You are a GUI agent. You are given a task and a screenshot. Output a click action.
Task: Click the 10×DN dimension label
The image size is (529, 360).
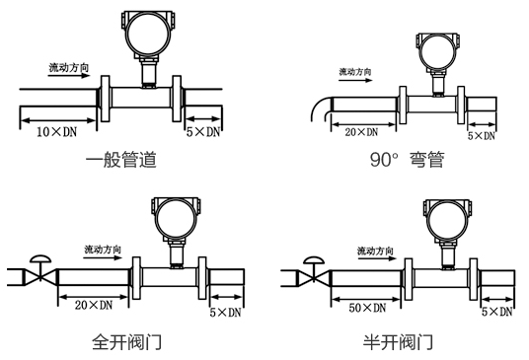click(56, 131)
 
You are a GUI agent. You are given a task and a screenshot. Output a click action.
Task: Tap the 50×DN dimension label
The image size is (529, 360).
click(367, 308)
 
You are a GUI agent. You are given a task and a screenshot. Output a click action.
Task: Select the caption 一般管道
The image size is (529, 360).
click(121, 160)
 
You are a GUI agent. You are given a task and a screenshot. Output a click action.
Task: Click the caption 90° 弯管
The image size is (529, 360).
click(408, 160)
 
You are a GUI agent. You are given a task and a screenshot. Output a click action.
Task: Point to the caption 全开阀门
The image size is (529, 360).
click(127, 341)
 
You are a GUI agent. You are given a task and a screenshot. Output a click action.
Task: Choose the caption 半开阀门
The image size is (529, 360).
click(398, 341)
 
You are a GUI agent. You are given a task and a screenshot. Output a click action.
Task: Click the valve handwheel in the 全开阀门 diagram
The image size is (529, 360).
click(40, 258)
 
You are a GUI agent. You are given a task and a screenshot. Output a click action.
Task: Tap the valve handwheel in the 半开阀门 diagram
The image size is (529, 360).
click(314, 260)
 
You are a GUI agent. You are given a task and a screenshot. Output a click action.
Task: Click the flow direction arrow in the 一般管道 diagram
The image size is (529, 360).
click(69, 76)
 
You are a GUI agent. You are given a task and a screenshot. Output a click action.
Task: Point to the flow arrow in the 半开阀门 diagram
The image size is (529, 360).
click(377, 258)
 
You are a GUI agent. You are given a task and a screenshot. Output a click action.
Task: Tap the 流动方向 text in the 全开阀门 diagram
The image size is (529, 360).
click(103, 250)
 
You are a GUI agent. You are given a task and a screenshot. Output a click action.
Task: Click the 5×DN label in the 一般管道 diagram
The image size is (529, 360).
click(203, 132)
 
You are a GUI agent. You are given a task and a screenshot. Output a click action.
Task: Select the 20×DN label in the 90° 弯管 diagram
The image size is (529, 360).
click(361, 132)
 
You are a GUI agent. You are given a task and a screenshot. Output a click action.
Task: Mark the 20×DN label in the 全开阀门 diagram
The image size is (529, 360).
click(94, 305)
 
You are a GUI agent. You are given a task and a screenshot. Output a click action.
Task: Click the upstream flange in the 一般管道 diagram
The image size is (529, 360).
click(106, 99)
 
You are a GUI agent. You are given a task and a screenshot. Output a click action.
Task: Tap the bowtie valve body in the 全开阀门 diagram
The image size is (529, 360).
click(40, 277)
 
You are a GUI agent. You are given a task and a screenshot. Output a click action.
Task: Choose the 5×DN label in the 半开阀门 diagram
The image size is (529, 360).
click(497, 312)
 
